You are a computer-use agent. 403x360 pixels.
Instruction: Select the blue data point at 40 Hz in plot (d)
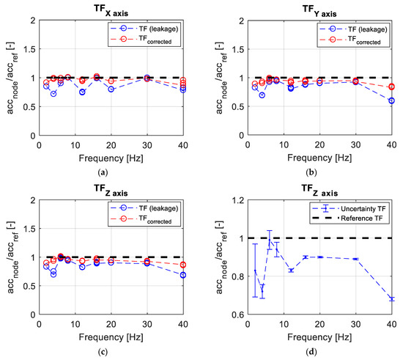pyautogui.click(x=391, y=299)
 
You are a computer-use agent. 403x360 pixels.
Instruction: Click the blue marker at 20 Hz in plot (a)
pyautogui.click(x=111, y=89)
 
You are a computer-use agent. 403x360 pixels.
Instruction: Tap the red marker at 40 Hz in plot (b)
pyautogui.click(x=391, y=87)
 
